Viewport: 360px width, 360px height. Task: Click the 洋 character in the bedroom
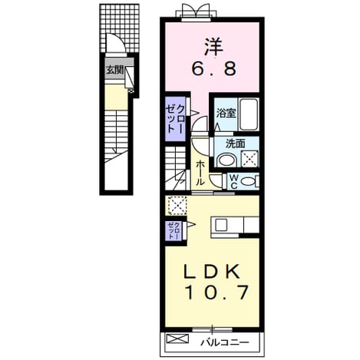pyautogui.click(x=213, y=48)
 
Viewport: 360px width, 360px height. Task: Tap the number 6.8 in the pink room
pyautogui.click(x=213, y=69)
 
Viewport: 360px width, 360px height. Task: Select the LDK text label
pyautogui.click(x=212, y=271)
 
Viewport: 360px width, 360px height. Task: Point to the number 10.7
pyautogui.click(x=216, y=292)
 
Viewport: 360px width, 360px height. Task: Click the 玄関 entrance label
pyautogui.click(x=115, y=70)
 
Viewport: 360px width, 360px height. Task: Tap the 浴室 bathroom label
pyautogui.click(x=226, y=113)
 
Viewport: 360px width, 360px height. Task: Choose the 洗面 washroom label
pyautogui.click(x=235, y=144)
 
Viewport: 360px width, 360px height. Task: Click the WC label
pyautogui.click(x=233, y=182)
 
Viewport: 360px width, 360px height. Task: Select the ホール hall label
pyautogui.click(x=200, y=173)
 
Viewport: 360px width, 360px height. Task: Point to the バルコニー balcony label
pyautogui.click(x=224, y=342)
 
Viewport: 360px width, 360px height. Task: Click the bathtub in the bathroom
pyautogui.click(x=248, y=114)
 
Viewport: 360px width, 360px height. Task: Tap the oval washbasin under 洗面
pyautogui.click(x=226, y=160)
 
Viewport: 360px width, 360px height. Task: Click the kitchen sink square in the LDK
pyautogui.click(x=221, y=225)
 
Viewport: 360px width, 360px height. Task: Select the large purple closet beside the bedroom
pyautogui.click(x=175, y=119)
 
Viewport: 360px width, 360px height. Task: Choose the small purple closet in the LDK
pyautogui.click(x=173, y=231)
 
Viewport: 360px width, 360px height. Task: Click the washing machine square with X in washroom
pyautogui.click(x=250, y=159)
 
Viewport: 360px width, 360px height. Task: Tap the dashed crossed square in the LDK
pyautogui.click(x=177, y=205)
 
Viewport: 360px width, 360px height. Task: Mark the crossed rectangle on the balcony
pyautogui.click(x=177, y=339)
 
